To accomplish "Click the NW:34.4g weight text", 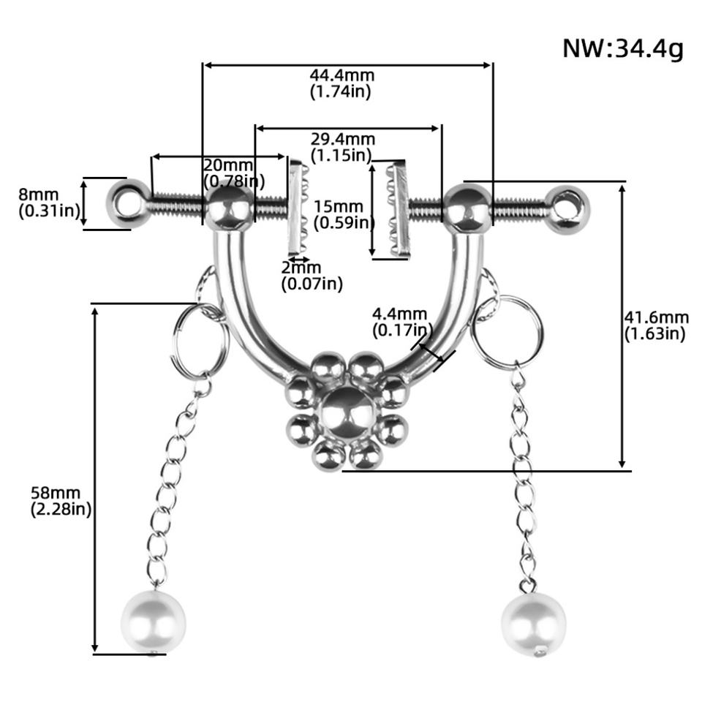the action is tap(623, 48).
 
